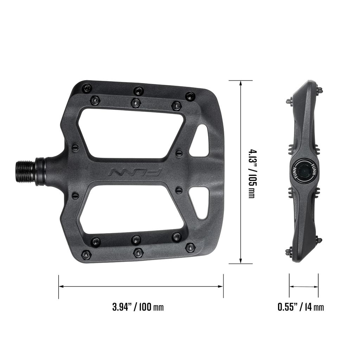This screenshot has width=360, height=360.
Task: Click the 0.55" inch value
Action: (287, 307)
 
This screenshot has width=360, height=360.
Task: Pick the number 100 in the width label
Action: (145, 307)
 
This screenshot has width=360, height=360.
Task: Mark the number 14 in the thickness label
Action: (308, 307)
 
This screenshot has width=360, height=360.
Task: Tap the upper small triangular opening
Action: (200, 141)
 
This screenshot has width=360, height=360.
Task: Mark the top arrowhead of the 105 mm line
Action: (240, 83)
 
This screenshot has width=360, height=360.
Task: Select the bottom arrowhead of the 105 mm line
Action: (240, 261)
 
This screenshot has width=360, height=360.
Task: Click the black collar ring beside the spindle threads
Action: (40, 172)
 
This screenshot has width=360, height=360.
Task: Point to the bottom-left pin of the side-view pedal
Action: (289, 251)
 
